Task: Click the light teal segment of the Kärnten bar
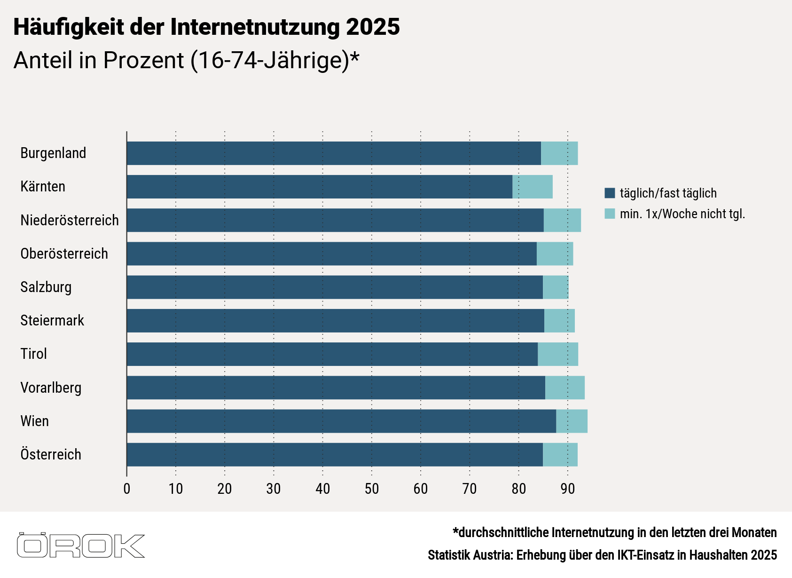533,187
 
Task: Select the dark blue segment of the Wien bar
341,421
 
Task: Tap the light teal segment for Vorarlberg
565,388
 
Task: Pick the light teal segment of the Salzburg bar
556,287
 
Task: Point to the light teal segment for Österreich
560,454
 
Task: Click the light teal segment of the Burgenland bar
559,153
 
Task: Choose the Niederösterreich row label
70,220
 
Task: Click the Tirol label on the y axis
34,354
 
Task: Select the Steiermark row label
52,320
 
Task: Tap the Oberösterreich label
64,253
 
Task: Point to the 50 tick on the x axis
371,489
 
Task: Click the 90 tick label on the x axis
567,489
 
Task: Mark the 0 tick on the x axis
127,489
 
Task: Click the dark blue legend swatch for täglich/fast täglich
610,193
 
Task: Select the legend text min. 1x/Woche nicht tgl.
682,214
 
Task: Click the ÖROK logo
81,546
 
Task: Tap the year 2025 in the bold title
373,27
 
